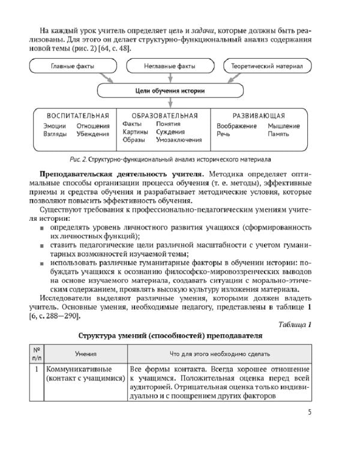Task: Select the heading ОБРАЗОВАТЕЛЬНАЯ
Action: click(160, 115)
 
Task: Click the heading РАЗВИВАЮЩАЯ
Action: click(250, 115)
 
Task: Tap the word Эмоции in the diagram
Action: click(55, 126)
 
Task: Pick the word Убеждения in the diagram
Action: click(93, 134)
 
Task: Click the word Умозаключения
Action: click(178, 140)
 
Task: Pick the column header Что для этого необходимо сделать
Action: click(220, 354)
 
